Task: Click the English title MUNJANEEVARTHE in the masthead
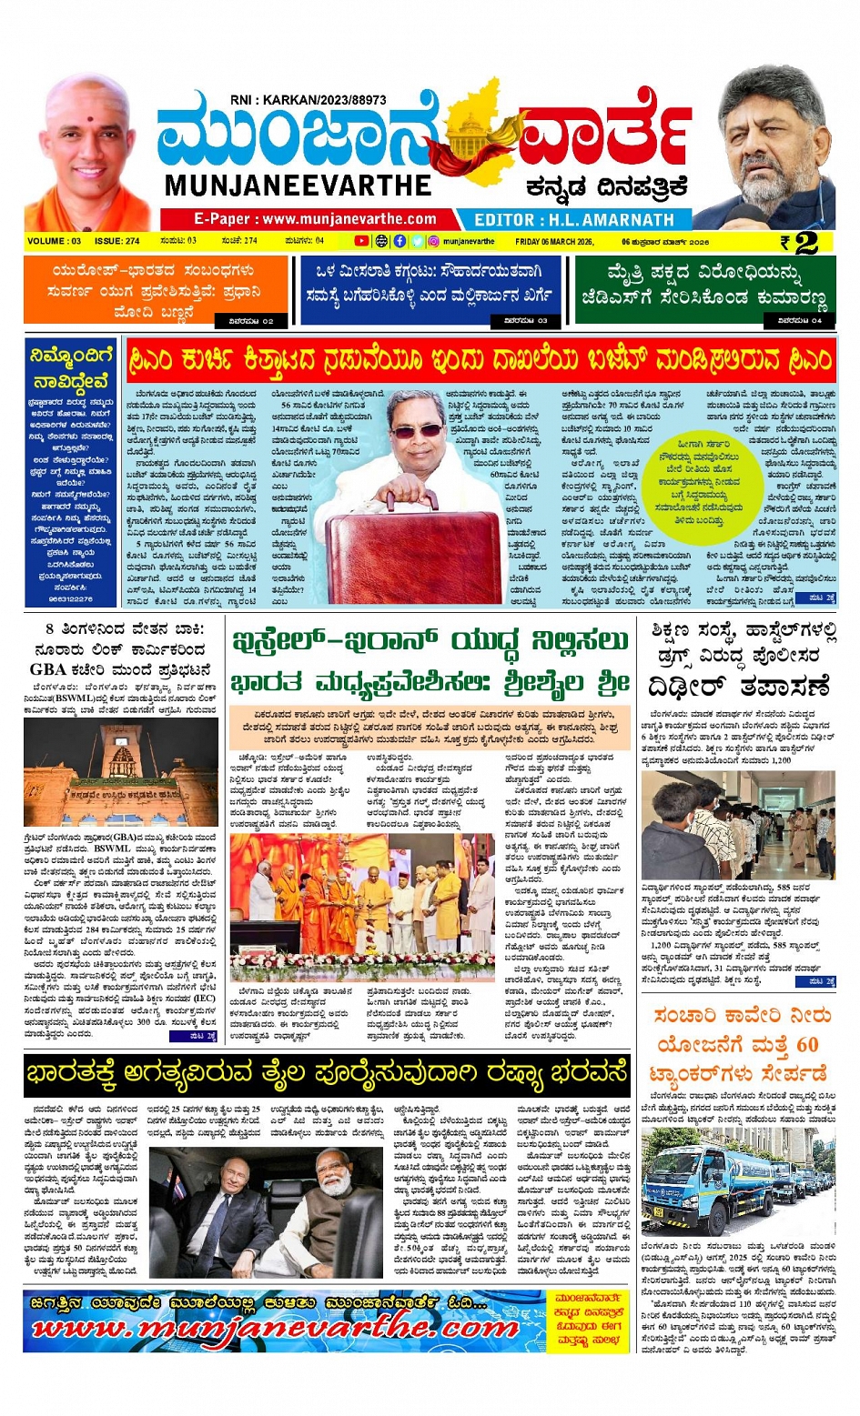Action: [x=298, y=186]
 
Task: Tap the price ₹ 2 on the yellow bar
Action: [x=800, y=242]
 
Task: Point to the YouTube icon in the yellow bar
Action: [x=361, y=241]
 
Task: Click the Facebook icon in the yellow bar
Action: [x=400, y=241]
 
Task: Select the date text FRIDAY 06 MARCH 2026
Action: [x=553, y=242]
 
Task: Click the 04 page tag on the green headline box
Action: [x=800, y=320]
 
